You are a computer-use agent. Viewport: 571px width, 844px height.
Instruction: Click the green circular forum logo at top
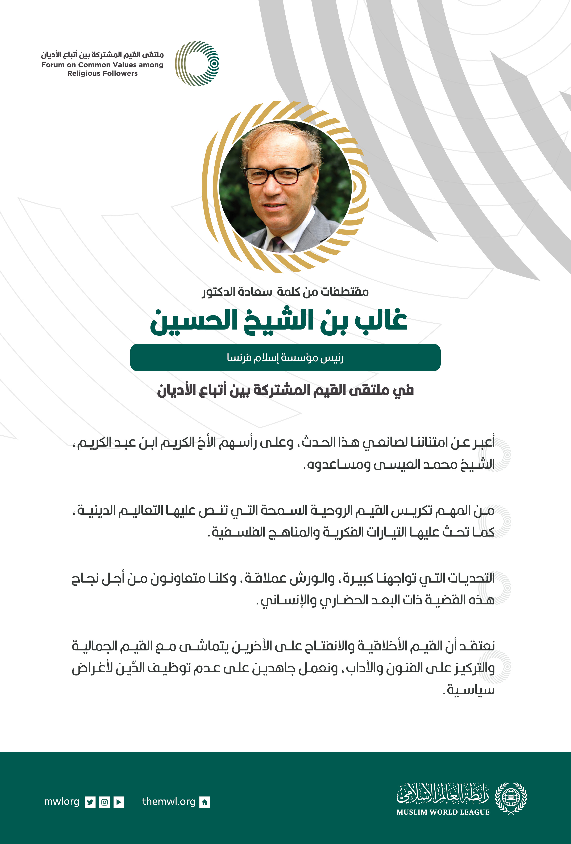pyautogui.click(x=197, y=63)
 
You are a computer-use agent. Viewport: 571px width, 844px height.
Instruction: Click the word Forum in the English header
pyautogui.click(x=53, y=65)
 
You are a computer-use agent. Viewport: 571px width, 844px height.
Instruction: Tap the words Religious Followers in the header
pyautogui.click(x=102, y=73)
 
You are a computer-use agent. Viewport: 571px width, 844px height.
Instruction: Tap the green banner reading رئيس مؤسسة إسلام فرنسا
pyautogui.click(x=285, y=358)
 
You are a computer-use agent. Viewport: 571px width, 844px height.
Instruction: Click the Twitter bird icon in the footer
pyautogui.click(x=90, y=802)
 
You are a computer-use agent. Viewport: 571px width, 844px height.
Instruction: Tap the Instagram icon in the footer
pyautogui.click(x=105, y=802)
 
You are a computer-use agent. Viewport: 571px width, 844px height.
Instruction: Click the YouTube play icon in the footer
pyautogui.click(x=119, y=802)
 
